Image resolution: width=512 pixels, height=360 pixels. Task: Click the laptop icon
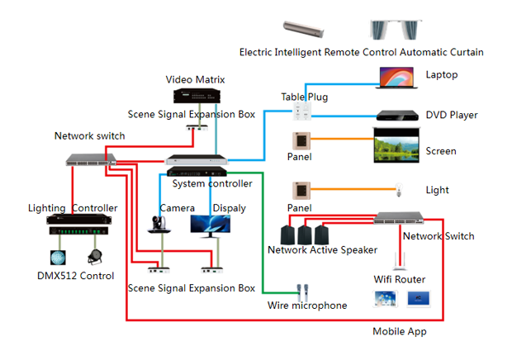(397, 77)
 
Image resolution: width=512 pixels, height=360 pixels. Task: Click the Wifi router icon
(401, 258)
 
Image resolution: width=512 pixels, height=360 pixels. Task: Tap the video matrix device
(196, 96)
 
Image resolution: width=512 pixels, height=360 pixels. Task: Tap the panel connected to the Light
(302, 189)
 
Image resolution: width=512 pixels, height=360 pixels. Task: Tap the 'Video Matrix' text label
(196, 79)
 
